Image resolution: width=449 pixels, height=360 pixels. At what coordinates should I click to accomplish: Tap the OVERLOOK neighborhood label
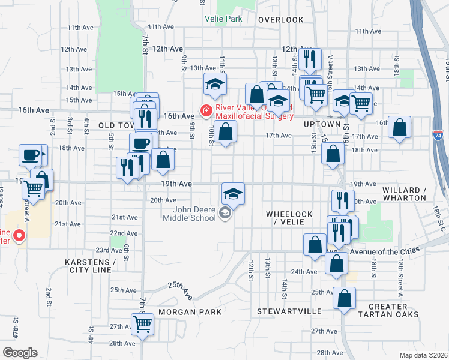coord(281,20)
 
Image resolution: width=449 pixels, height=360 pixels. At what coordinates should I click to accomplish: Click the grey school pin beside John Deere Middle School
coord(225,212)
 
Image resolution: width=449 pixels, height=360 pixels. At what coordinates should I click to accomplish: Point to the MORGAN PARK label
coord(182,312)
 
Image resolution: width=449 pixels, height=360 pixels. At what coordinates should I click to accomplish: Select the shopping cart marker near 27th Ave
coord(143,324)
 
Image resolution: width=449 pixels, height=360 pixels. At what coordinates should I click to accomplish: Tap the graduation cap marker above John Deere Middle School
coord(233,193)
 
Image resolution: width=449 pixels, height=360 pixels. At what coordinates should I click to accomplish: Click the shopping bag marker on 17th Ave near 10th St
coord(225,131)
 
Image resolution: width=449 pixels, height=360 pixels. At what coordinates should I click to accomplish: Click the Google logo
coord(19,353)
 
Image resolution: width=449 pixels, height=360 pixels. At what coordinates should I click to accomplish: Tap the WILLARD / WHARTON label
coord(404,194)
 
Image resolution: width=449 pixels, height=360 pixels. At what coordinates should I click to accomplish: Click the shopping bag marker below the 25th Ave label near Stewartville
coord(344,298)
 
